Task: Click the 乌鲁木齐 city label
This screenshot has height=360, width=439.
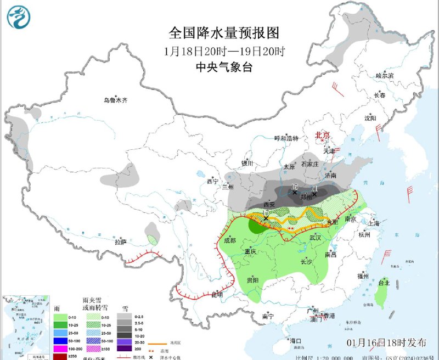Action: click(x=116, y=100)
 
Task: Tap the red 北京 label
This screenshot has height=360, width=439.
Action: click(x=321, y=134)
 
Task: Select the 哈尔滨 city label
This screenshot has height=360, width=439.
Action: click(x=385, y=75)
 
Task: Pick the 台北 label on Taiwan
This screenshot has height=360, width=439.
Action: click(x=384, y=283)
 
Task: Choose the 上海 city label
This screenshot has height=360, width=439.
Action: click(x=374, y=223)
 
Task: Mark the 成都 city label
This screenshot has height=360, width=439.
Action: click(x=230, y=240)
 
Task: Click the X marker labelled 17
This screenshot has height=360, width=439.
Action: click(x=266, y=218)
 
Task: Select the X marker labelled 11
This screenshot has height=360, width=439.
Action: click(x=314, y=193)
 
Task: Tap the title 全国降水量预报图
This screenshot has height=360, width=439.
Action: click(x=224, y=32)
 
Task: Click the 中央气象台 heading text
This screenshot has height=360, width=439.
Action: click(x=224, y=67)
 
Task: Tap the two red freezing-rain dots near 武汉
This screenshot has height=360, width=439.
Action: click(x=291, y=227)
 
